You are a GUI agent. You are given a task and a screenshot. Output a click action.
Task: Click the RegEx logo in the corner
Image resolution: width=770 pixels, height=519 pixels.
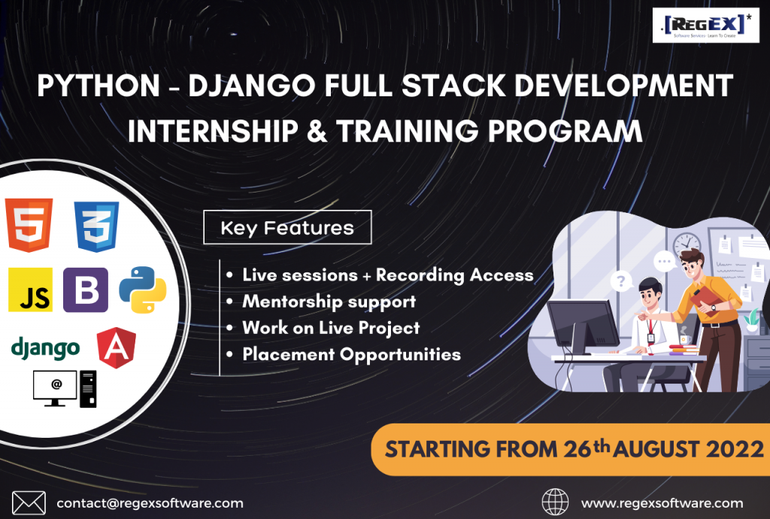(705, 25)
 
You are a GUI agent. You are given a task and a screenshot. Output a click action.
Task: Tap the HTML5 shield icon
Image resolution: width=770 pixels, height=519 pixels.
(29, 225)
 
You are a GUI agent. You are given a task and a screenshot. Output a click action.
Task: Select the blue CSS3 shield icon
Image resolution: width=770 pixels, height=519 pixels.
(96, 226)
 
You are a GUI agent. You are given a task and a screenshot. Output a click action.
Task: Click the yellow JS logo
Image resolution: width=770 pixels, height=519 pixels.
(30, 290)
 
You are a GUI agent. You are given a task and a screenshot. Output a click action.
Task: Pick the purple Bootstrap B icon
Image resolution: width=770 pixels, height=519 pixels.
(86, 290)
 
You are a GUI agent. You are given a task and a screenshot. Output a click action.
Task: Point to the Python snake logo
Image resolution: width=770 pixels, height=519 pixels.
(142, 290)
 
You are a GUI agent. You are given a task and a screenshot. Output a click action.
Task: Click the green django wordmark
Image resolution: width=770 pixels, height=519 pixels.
(45, 348)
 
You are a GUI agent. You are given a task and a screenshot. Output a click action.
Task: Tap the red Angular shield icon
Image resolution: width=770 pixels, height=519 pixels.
(117, 348)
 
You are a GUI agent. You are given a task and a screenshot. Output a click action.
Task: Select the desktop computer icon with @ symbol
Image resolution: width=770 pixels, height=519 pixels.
(65, 389)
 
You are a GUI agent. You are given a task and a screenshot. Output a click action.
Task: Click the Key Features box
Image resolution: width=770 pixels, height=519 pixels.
(287, 227)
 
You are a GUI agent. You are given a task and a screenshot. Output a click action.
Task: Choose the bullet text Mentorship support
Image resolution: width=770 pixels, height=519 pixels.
(329, 302)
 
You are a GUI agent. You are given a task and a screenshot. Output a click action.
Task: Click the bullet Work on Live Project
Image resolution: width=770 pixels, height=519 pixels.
(331, 328)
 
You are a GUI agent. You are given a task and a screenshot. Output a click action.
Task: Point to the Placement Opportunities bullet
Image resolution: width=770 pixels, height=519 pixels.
(352, 354)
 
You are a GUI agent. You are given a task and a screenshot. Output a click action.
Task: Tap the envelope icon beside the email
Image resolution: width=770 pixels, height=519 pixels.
(29, 503)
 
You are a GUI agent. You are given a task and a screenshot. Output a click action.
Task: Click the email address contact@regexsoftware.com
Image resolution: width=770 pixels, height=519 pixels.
(150, 503)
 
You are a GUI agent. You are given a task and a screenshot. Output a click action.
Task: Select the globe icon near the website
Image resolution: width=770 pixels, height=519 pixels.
(555, 502)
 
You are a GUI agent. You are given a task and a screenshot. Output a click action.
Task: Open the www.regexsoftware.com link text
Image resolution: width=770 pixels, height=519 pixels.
(662, 503)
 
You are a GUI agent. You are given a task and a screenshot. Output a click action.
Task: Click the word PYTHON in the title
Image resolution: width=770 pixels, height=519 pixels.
(99, 86)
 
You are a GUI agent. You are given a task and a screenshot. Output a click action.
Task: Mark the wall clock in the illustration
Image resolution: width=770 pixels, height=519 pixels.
(687, 244)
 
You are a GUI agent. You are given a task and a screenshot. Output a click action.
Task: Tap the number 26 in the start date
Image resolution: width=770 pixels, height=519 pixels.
(577, 449)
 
